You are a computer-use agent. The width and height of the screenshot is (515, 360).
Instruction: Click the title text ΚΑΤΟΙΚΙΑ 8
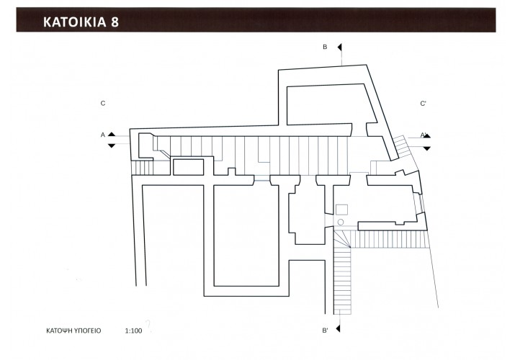(x=81, y=22)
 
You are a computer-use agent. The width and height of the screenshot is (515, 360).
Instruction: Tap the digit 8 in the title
(x=115, y=22)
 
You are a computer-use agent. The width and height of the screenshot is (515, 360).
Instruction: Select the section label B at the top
(x=325, y=47)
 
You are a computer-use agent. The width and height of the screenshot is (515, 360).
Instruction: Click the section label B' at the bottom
(x=325, y=330)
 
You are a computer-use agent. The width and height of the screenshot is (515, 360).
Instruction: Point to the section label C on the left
(x=103, y=104)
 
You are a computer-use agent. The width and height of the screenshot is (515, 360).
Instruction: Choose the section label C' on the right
(x=423, y=104)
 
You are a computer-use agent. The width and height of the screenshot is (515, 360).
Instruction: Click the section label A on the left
(x=103, y=135)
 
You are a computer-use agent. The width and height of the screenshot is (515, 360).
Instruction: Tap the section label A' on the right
(x=424, y=135)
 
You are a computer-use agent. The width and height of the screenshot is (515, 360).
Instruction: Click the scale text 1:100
(x=134, y=330)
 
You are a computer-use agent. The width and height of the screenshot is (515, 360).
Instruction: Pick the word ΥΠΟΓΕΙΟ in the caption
(x=88, y=330)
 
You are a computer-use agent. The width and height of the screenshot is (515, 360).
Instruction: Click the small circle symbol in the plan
(x=341, y=222)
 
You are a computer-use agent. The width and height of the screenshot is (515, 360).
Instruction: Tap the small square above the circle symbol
(x=341, y=210)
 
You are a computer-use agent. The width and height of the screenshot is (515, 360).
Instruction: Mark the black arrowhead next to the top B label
(x=339, y=48)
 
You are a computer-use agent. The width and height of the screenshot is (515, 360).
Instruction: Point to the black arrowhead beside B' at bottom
(x=338, y=328)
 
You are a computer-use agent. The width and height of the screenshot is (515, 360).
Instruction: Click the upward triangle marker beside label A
(x=112, y=134)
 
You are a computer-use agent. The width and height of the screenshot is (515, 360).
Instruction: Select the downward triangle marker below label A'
(x=426, y=148)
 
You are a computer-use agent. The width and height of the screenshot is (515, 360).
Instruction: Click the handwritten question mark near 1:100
(x=148, y=326)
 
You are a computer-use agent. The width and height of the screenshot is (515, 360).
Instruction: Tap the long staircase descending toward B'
(x=343, y=281)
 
